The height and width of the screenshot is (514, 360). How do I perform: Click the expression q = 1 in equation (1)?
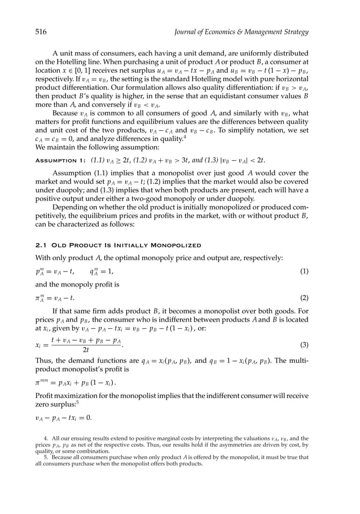coord(102,271)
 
